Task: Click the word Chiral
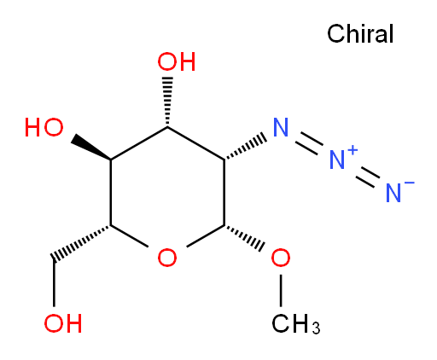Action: point(360,33)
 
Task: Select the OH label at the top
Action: point(177,61)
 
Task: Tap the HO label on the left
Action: point(44,127)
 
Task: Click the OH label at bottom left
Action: point(63,323)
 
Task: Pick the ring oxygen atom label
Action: point(167,258)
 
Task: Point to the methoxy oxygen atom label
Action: point(281,258)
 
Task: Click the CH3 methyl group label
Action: point(296,323)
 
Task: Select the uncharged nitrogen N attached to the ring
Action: point(281,127)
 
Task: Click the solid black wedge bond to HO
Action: point(91,148)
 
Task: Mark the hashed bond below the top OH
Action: point(167,102)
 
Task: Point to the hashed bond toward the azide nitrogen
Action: point(245,147)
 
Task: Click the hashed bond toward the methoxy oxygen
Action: point(245,238)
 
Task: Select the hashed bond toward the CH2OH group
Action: point(81,242)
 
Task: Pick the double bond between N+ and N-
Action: point(368,177)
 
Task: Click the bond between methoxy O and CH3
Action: point(281,290)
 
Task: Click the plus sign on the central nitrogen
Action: point(353,149)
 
